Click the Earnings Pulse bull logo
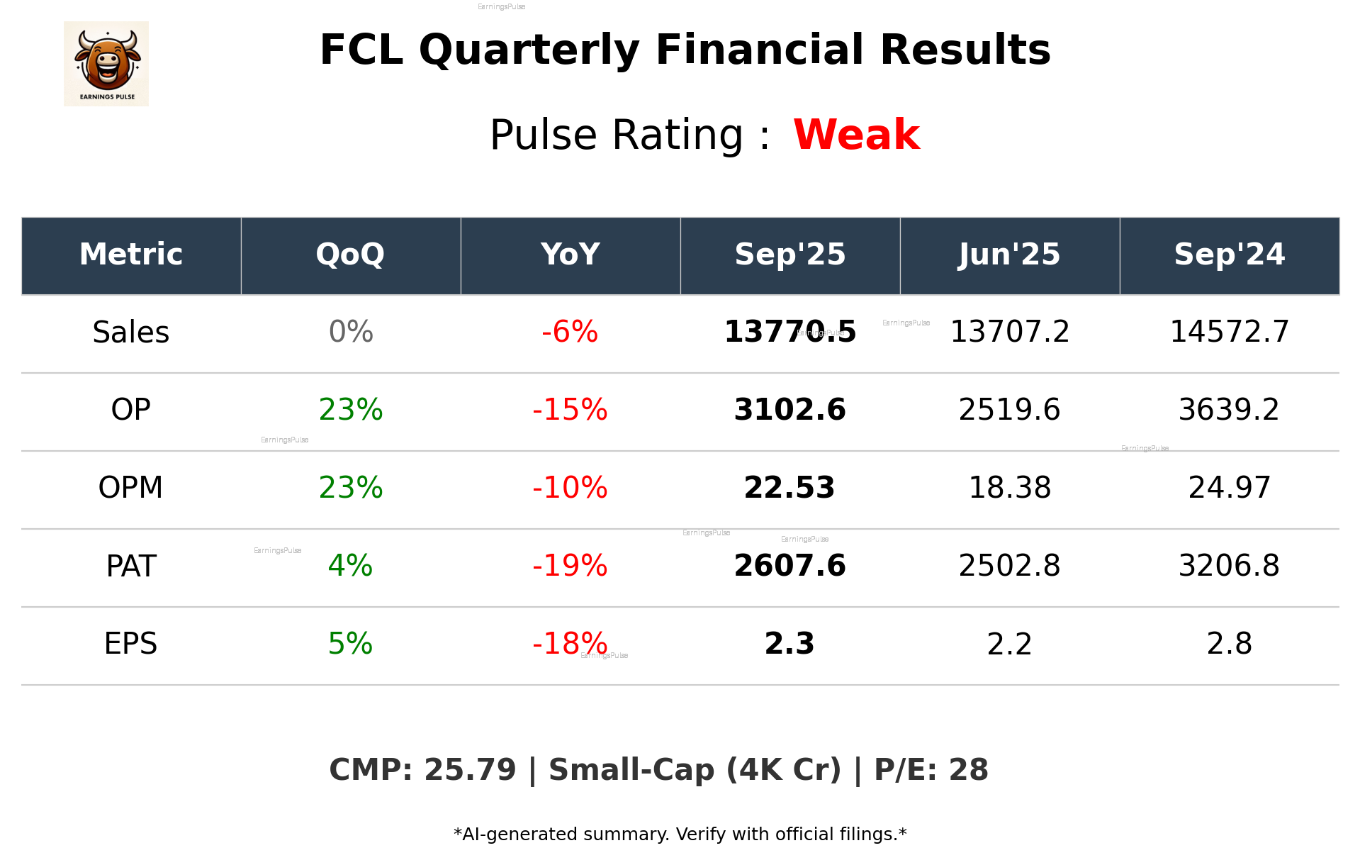point(106,64)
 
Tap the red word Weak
point(856,135)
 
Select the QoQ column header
point(350,255)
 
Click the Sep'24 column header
point(1229,255)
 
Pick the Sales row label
point(131,333)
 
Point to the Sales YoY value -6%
point(570,333)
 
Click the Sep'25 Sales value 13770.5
point(789,333)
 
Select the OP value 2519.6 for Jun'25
point(1009,410)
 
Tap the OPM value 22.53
point(789,488)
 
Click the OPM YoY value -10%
point(570,488)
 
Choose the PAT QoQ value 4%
point(350,566)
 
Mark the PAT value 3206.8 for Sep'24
point(1229,566)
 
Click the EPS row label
point(131,644)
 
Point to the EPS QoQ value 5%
point(350,644)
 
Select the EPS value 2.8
point(1229,644)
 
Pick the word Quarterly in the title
point(529,50)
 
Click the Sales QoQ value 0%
point(351,333)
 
